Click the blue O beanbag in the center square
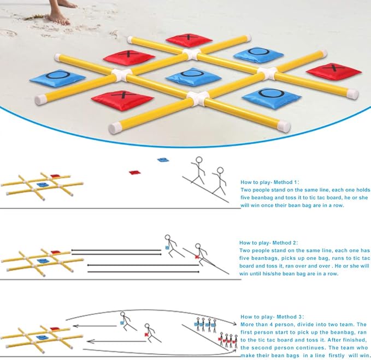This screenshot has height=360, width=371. coord(193,76)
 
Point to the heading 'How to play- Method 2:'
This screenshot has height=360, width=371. coord(269,242)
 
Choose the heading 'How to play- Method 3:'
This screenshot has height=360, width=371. coord(269,317)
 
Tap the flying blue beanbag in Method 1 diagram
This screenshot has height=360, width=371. coord(162,160)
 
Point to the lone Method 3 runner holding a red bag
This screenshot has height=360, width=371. coord(150,331)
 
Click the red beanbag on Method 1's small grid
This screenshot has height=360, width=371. coord(54,176)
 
